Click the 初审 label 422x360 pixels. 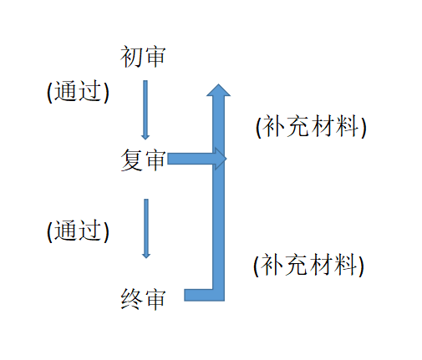(143, 57)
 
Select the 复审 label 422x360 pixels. (143, 160)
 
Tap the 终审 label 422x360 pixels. (143, 299)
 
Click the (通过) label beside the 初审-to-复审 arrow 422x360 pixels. (78, 91)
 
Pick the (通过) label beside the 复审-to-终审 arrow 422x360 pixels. (78, 231)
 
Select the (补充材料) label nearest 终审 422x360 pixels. (308, 265)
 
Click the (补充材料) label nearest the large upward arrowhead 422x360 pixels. (311, 126)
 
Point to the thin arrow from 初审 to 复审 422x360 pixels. (145, 110)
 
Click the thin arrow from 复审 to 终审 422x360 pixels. (146, 229)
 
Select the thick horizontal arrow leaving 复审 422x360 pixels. (197, 159)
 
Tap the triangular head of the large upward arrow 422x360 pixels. (218, 90)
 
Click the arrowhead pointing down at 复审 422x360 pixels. (145, 137)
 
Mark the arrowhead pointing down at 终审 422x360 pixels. (146, 256)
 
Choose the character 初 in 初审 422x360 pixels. (131, 57)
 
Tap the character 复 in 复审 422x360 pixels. (131, 160)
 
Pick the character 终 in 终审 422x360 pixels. (131, 299)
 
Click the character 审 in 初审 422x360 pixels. (155, 57)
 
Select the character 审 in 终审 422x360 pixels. (155, 299)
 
